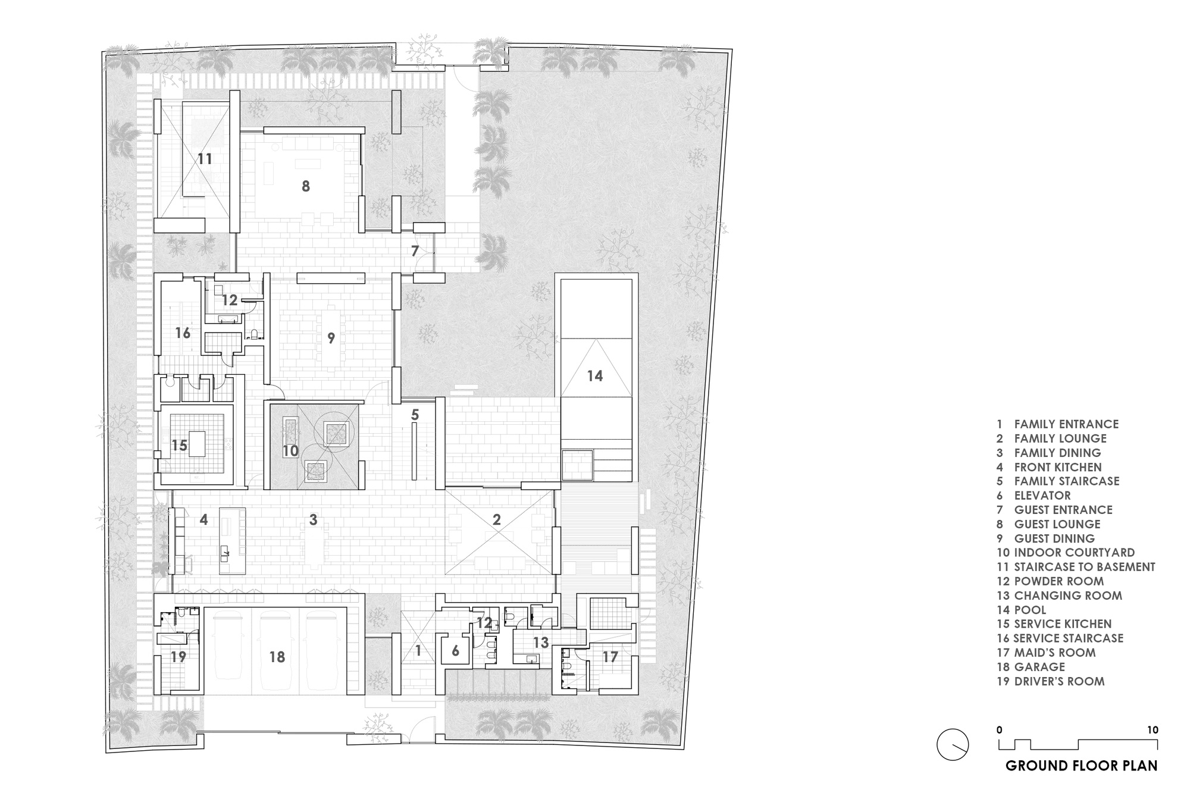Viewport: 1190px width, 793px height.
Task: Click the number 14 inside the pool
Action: [595, 376]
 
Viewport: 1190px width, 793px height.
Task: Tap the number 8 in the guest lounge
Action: [306, 186]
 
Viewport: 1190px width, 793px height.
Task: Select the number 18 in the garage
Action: [277, 657]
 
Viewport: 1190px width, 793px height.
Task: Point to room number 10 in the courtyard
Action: [290, 451]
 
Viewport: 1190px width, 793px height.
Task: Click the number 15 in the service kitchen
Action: [180, 445]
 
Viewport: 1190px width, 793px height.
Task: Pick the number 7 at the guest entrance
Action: [415, 251]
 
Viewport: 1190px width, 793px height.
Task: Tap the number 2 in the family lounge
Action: [497, 519]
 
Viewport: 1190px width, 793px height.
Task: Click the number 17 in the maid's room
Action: [610, 657]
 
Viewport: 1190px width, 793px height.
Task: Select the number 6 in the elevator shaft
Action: [456, 651]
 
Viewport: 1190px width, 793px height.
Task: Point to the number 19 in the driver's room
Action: [178, 657]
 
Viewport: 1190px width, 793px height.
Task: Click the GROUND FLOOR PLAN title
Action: [1082, 765]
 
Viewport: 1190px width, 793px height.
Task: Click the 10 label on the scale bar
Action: [1153, 730]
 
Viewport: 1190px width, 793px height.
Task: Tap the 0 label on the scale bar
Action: [1000, 730]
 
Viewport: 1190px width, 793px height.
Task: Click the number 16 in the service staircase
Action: [183, 333]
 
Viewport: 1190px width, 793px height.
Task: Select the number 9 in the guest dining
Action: [331, 338]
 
